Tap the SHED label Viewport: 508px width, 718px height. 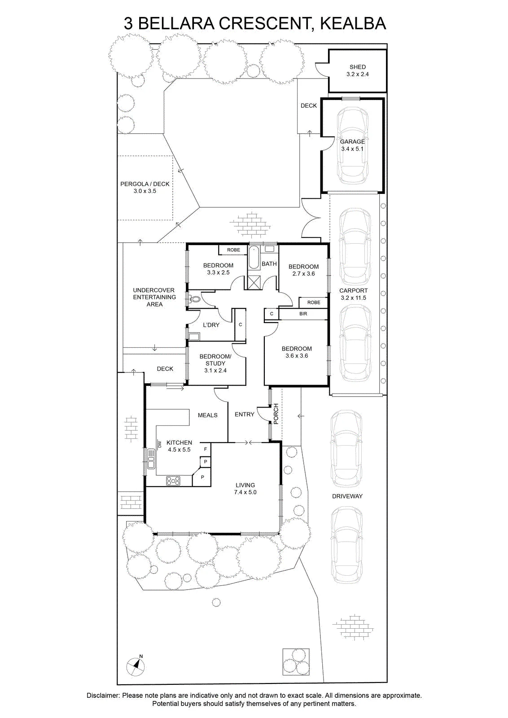pyautogui.click(x=357, y=67)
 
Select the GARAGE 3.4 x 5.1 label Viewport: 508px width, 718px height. pyautogui.click(x=352, y=145)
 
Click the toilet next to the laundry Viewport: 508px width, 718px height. pyautogui.click(x=194, y=299)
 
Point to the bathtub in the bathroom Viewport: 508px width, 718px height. pyautogui.click(x=254, y=258)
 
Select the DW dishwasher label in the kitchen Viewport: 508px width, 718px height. pyautogui.click(x=159, y=444)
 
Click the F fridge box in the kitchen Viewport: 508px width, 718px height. pyautogui.click(x=206, y=449)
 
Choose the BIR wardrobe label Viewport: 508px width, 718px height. pyautogui.click(x=303, y=314)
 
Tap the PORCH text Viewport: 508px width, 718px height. pyautogui.click(x=276, y=414)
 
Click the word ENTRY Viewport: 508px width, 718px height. pyautogui.click(x=244, y=415)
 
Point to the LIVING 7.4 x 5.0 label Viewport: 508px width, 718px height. pyautogui.click(x=245, y=489)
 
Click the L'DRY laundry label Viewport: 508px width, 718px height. pyautogui.click(x=211, y=325)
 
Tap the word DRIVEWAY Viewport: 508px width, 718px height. pyautogui.click(x=347, y=496)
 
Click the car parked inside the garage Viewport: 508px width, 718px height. pyautogui.click(x=352, y=145)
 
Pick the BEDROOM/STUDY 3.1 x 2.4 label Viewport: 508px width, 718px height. pyautogui.click(x=215, y=363)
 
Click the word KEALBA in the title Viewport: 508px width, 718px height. pyautogui.click(x=353, y=23)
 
